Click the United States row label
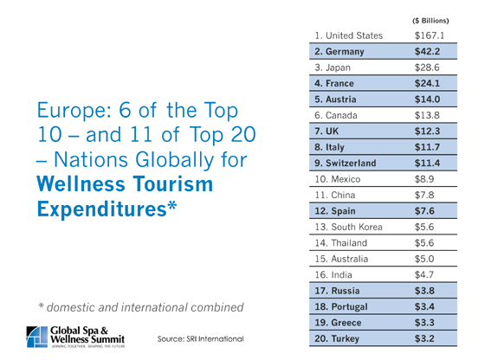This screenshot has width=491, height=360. click(348, 35)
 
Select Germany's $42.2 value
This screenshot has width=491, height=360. click(427, 51)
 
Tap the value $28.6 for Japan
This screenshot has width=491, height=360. click(427, 67)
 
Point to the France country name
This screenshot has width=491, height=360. click(339, 83)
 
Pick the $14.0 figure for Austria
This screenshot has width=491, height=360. click(427, 100)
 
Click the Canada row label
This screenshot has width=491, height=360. click(336, 115)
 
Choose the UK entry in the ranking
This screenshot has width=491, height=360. click(326, 132)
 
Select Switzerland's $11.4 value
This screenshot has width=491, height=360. click(427, 163)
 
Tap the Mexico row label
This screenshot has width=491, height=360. click(338, 179)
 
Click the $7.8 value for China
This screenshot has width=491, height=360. click(424, 195)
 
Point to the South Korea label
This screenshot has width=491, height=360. click(348, 227)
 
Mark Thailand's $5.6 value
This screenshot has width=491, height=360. click(424, 243)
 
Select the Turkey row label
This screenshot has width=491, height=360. click(337, 338)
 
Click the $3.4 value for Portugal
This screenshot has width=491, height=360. click(424, 307)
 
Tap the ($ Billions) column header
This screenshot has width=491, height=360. click(430, 21)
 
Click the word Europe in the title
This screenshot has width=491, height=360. click(74, 111)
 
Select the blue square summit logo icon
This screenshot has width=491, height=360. click(37, 337)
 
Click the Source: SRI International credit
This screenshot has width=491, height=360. click(200, 339)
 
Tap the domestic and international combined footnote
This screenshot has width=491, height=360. click(140, 307)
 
